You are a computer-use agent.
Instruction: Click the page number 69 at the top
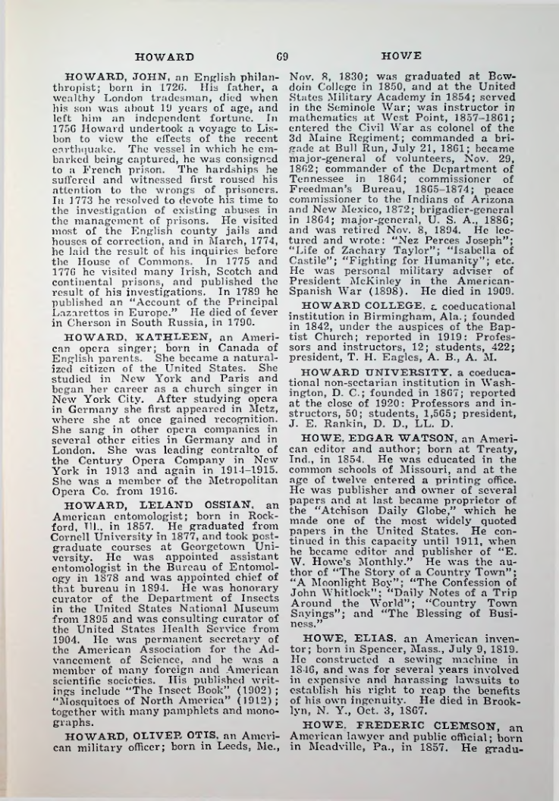tap(279, 55)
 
